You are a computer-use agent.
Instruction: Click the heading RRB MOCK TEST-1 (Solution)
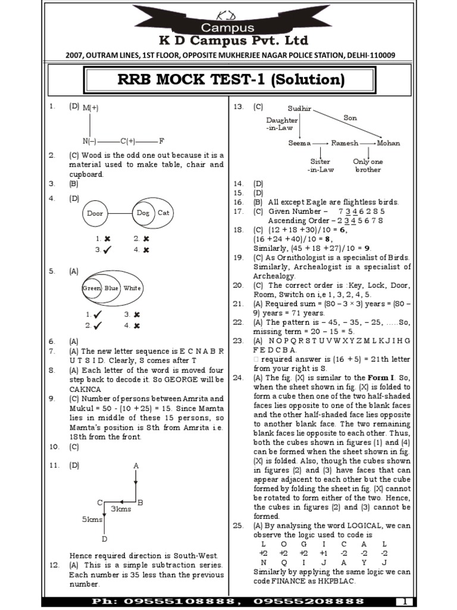(228, 80)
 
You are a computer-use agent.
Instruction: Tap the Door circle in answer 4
(95, 213)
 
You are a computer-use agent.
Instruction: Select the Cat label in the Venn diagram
(162, 213)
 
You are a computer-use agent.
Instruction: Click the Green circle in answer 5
(92, 288)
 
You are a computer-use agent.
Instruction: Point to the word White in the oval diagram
(132, 288)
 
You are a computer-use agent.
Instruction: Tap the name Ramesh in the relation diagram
(345, 143)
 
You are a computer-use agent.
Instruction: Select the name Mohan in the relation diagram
(388, 143)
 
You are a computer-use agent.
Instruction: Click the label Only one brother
(368, 166)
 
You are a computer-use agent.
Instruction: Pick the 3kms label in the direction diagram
(121, 509)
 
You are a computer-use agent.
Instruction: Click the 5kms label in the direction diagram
(92, 519)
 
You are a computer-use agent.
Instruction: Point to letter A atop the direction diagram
(136, 465)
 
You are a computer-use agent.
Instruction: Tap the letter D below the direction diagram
(104, 539)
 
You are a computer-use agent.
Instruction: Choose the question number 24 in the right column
(238, 378)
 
